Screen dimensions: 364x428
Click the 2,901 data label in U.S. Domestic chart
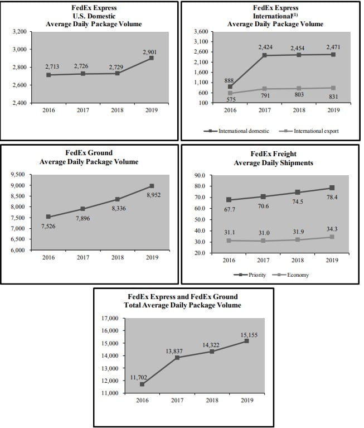tap(150, 52)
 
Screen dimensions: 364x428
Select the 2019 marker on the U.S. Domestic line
tap(151, 58)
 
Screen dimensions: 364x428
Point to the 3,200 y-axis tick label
tap(20, 31)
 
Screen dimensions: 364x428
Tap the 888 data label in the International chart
tap(229, 80)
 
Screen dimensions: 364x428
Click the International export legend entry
tap(309, 131)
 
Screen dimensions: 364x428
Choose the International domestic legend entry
tap(236, 131)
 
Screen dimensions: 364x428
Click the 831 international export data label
tap(333, 97)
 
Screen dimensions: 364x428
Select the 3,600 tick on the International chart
tap(201, 31)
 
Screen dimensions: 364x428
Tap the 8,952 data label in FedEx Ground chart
tap(153, 195)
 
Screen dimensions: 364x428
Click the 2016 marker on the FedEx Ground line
tap(48, 217)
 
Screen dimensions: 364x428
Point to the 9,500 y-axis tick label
tap(18, 175)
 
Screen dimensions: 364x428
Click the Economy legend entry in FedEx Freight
tap(290, 275)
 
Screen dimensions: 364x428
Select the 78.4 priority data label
tap(332, 197)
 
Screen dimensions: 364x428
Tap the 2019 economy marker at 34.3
tap(332, 237)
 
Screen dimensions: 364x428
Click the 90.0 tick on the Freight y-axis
tap(200, 175)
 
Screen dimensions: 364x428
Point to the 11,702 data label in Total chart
tap(138, 377)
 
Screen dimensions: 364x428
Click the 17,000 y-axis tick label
tap(110, 318)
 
